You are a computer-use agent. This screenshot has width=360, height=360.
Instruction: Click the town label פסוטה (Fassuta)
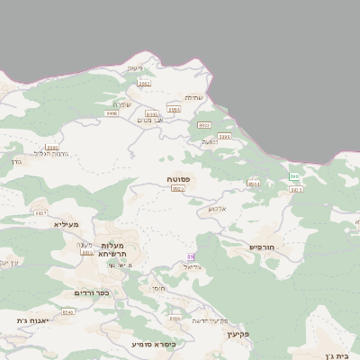click(x=178, y=180)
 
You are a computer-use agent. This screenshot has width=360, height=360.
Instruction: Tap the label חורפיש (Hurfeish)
click(x=266, y=247)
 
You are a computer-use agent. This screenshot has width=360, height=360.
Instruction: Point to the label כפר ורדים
click(x=91, y=292)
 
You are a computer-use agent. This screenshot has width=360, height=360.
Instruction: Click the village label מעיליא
click(x=67, y=224)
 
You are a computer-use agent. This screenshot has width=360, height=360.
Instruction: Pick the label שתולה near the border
click(x=194, y=97)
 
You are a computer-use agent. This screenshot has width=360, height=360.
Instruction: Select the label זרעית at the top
click(x=135, y=68)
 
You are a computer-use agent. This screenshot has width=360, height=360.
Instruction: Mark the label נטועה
click(x=211, y=141)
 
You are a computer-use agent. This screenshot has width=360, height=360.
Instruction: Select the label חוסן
click(x=159, y=289)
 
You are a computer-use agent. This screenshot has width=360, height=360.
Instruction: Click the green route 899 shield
click(x=294, y=176)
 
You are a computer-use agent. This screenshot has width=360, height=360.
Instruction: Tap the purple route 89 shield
click(x=190, y=257)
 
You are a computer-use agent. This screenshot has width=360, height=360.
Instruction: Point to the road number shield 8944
click(x=254, y=184)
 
